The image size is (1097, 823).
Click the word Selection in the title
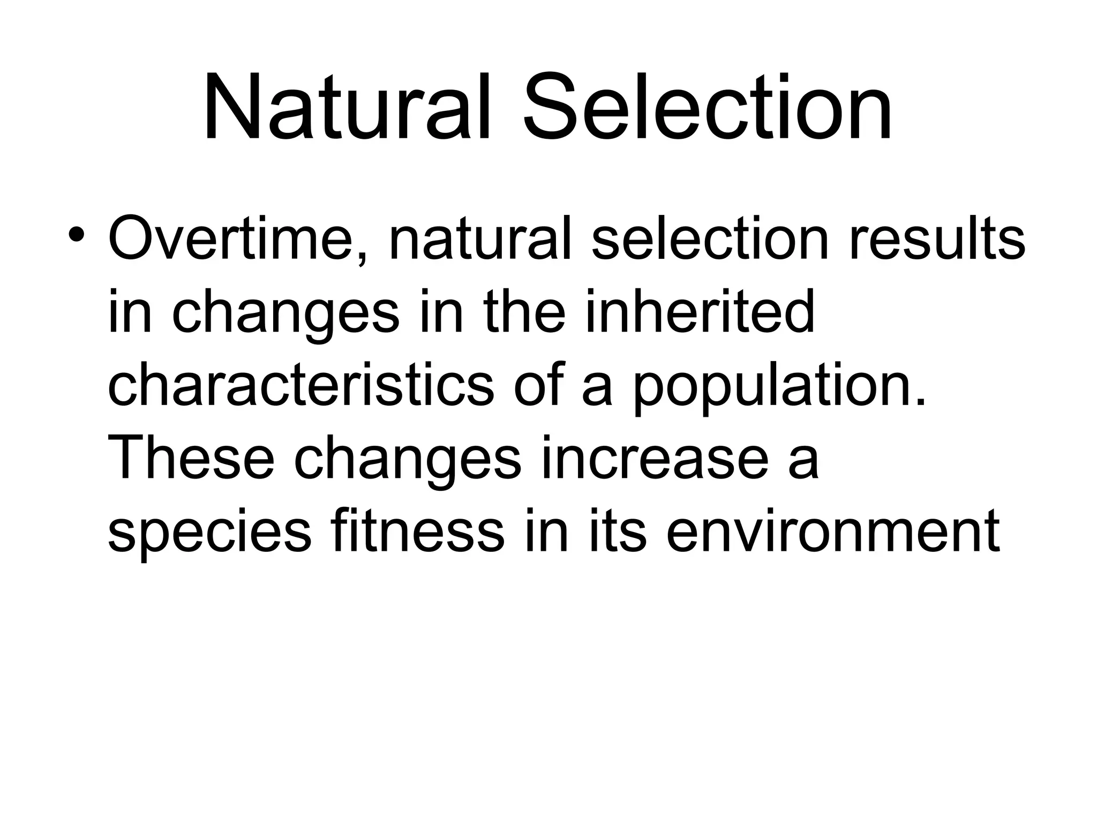tap(708, 110)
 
